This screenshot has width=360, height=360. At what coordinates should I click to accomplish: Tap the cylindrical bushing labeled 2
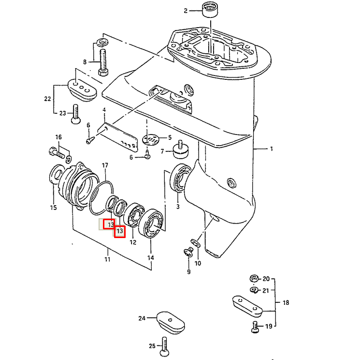[x=209, y=9]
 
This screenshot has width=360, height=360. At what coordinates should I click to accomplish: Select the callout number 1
[x=271, y=149]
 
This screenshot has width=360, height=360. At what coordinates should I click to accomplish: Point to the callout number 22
[x=47, y=99]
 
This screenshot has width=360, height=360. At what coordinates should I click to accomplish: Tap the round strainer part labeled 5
[x=151, y=138]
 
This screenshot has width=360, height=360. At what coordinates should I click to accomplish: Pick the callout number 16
[x=58, y=137]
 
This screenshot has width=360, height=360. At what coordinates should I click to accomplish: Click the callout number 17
[x=105, y=165]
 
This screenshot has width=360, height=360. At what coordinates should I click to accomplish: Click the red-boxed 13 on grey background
[x=111, y=225]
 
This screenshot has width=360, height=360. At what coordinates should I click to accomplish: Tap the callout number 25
[x=151, y=346]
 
